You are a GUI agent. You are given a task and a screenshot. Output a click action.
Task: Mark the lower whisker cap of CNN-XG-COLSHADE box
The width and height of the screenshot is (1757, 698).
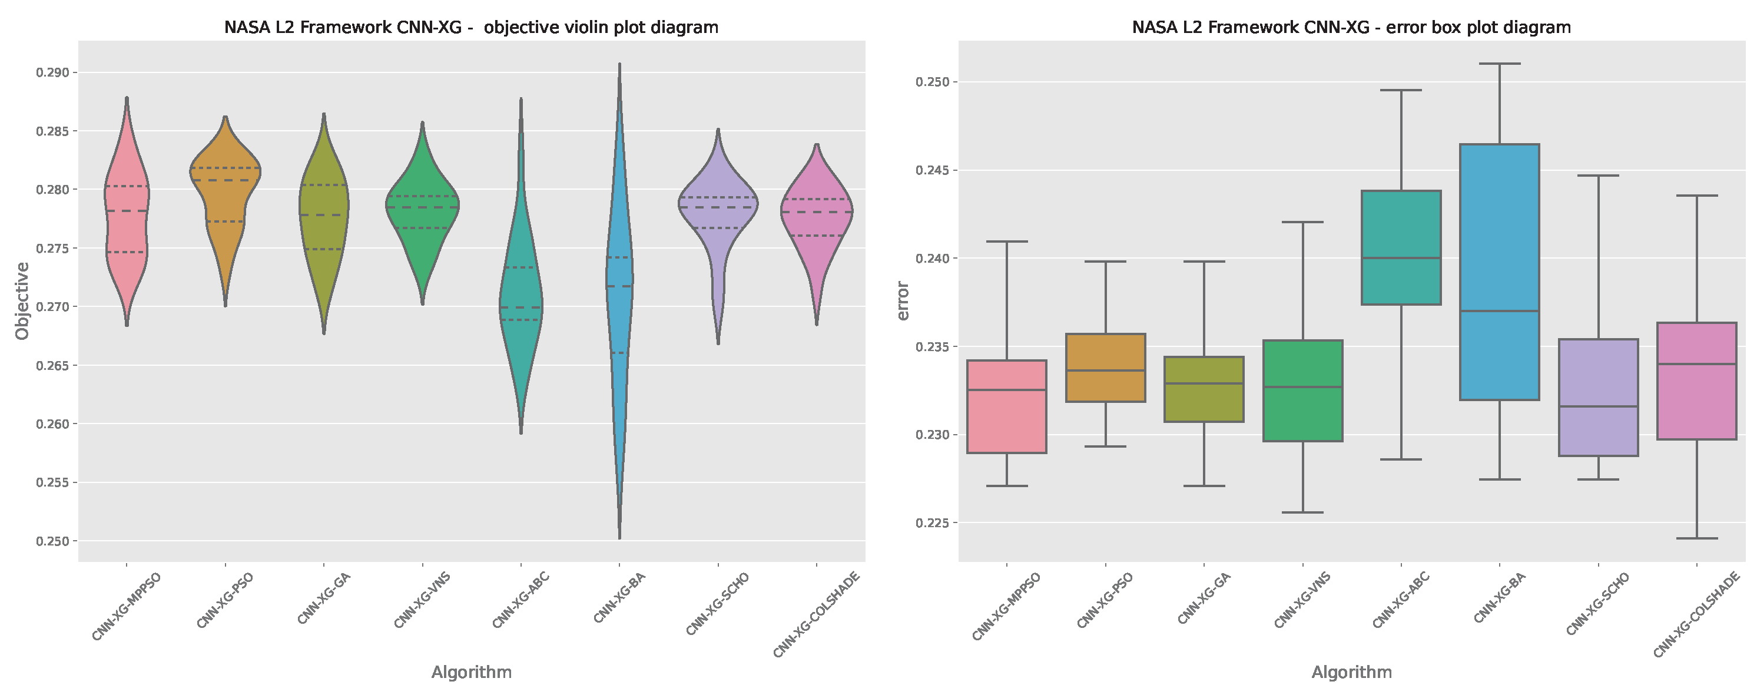[x=1696, y=538]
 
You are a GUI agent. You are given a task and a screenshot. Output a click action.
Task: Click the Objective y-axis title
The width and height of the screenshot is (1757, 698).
[x=22, y=301]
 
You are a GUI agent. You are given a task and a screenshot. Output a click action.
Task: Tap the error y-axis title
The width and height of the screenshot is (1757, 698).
[x=903, y=301]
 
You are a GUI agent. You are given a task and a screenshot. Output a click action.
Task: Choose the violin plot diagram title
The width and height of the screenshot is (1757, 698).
[x=471, y=27]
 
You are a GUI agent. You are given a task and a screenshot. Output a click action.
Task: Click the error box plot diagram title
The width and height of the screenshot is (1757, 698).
[x=1351, y=27]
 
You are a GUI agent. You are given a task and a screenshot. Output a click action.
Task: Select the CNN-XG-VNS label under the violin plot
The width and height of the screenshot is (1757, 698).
[x=423, y=600]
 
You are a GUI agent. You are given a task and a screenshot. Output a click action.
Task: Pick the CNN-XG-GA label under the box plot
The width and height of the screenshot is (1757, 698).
[x=1205, y=598]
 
